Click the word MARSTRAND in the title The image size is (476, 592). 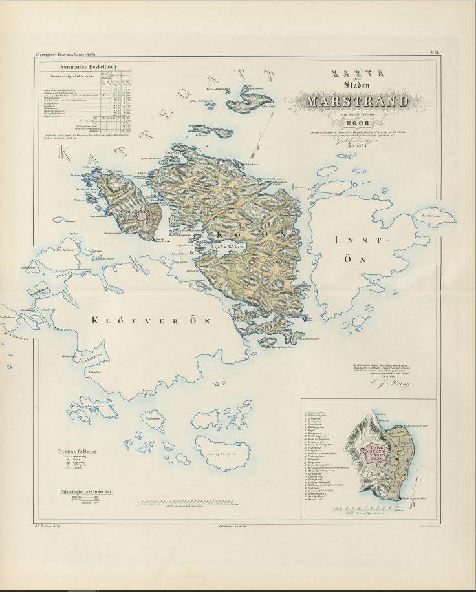(x=358, y=102)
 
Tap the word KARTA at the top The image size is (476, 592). (x=358, y=75)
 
